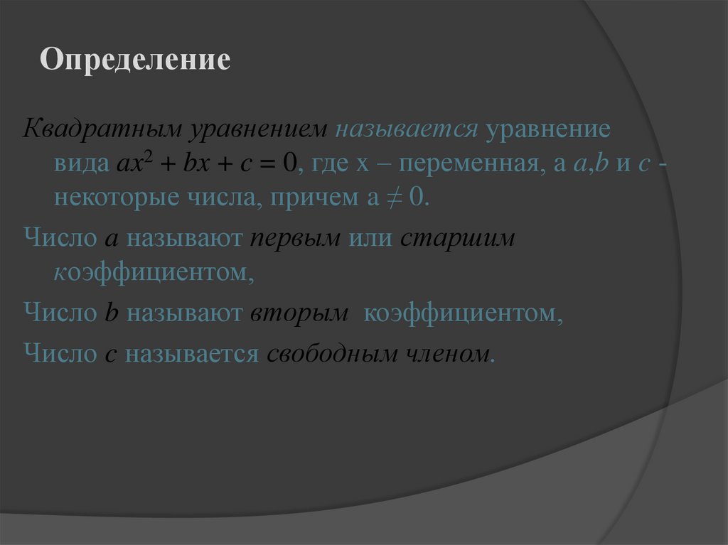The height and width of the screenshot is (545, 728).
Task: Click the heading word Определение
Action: (x=135, y=60)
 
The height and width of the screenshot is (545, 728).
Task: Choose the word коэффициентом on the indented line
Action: (x=152, y=271)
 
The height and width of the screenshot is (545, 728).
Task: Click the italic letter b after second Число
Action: (x=111, y=313)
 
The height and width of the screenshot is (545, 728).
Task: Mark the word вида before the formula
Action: (x=80, y=165)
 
